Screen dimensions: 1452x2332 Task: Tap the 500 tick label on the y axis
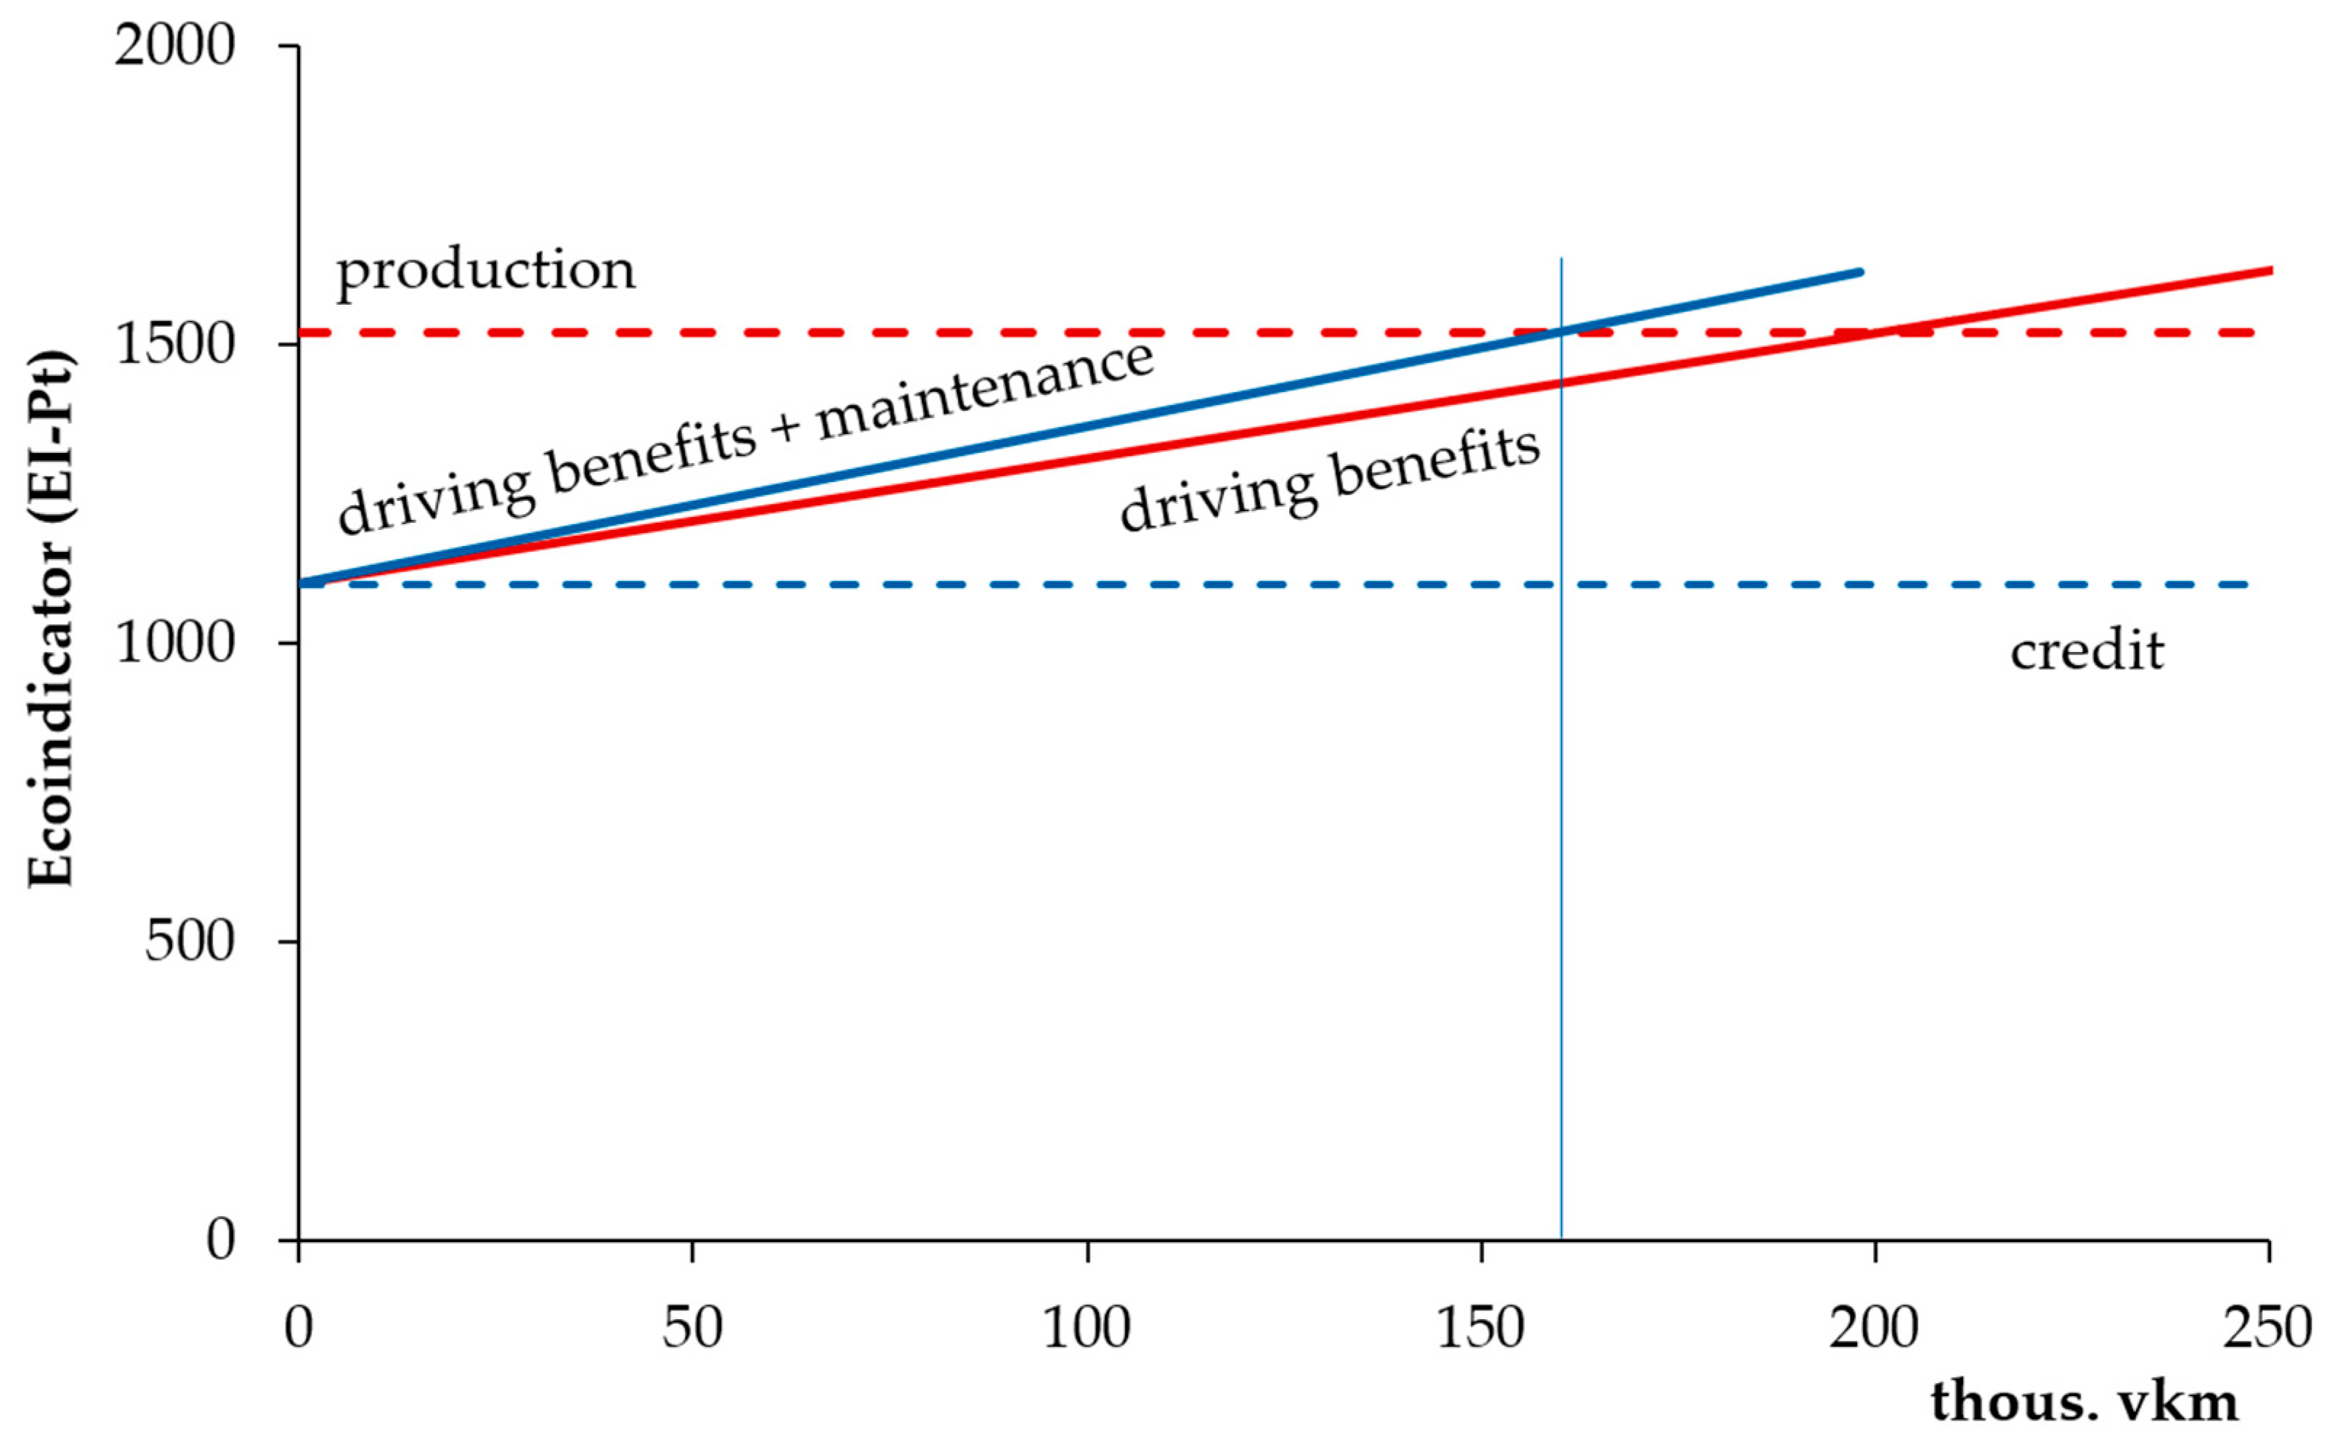[x=190, y=941]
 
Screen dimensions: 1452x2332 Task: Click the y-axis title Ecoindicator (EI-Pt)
[x=50, y=619]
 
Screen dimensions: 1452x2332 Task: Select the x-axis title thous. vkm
[x=2084, y=1402]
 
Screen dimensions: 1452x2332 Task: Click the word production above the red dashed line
[x=486, y=270]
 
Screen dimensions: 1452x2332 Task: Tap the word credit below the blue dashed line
[x=2087, y=651]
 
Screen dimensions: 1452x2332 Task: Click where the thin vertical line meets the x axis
[x=1561, y=1240]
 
